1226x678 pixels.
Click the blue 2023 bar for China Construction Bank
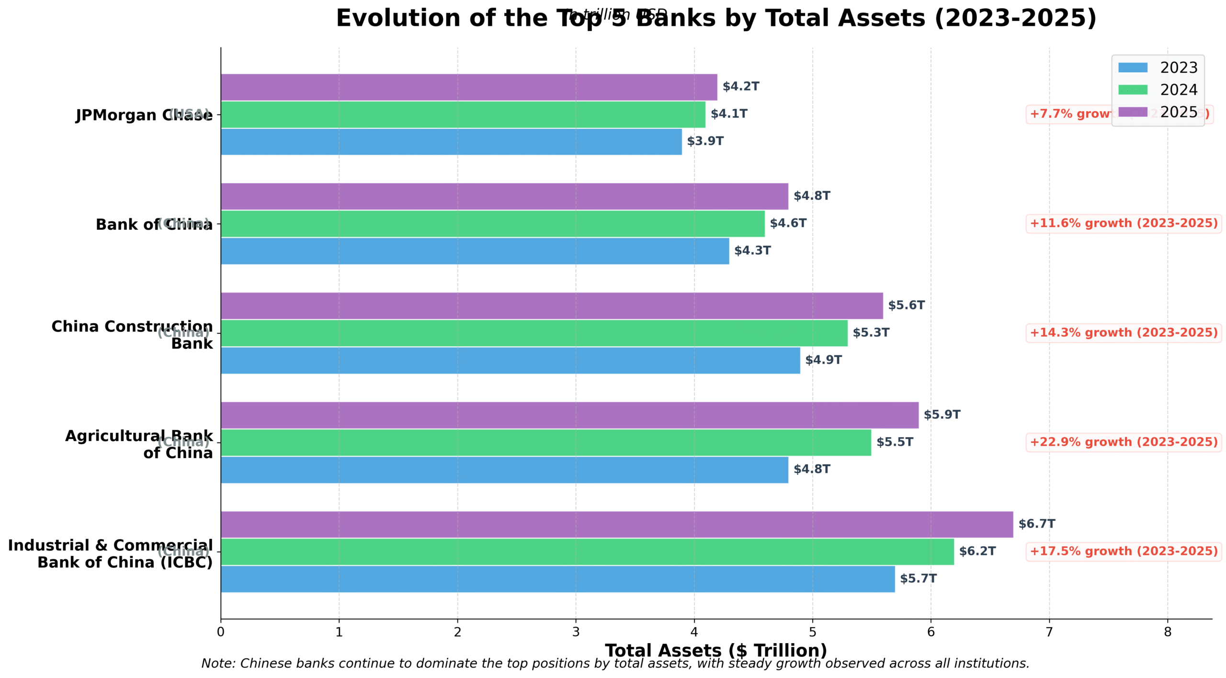point(510,360)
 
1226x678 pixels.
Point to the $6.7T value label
point(1036,524)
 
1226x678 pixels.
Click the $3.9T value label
point(705,141)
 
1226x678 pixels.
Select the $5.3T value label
point(870,333)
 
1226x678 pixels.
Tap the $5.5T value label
point(894,442)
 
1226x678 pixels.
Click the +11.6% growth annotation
point(1123,224)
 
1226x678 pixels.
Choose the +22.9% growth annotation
point(1123,442)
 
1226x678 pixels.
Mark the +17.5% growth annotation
point(1123,551)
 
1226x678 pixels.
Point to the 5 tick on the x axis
point(812,632)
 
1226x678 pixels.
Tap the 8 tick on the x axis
point(1167,632)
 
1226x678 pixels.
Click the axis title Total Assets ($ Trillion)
point(715,650)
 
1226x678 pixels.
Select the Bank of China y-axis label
point(153,224)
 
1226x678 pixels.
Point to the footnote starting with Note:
point(615,664)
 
